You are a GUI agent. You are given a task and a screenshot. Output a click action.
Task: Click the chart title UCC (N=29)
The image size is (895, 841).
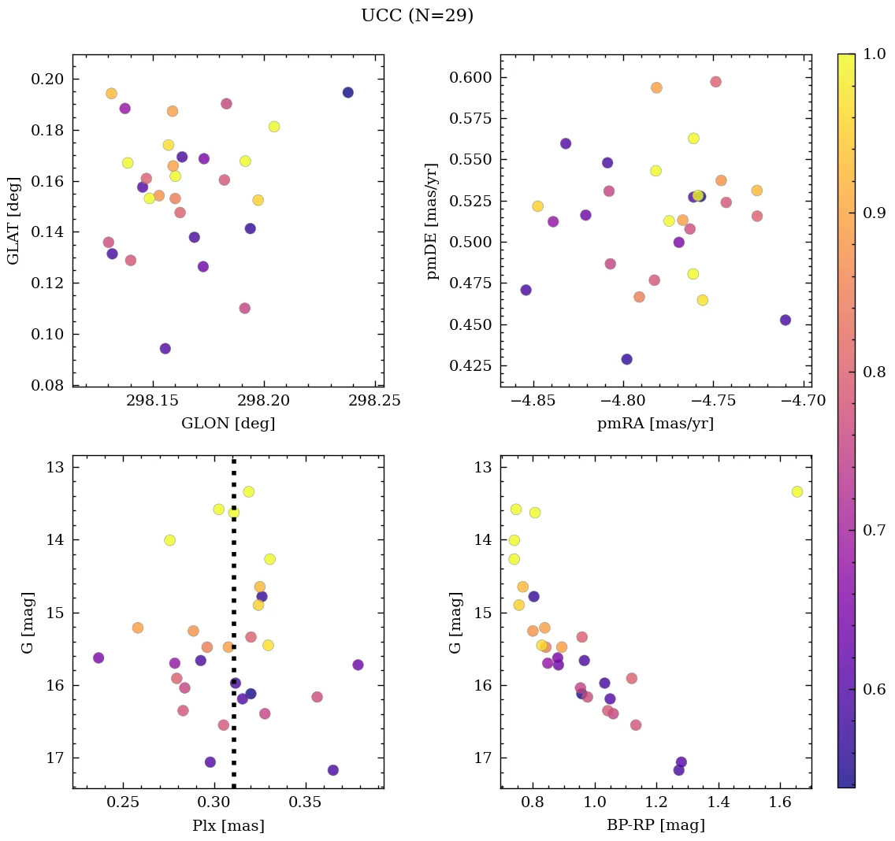coord(417,16)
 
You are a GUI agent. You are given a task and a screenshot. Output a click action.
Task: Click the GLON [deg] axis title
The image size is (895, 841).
coord(228,424)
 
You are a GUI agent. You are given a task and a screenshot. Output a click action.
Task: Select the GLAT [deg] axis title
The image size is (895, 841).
coord(13,220)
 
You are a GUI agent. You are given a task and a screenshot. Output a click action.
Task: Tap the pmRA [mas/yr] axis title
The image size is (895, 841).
coord(655,424)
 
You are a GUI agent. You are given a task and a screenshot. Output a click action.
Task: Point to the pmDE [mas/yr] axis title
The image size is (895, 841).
coord(433,220)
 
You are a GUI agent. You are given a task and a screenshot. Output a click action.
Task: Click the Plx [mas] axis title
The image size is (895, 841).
coord(228,825)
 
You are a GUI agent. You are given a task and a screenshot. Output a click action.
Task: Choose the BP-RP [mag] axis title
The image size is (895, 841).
coord(655,825)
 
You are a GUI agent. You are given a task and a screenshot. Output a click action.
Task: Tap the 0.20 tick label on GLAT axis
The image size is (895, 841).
coord(49,80)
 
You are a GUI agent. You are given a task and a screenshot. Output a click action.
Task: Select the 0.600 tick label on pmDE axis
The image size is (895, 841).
coord(470,78)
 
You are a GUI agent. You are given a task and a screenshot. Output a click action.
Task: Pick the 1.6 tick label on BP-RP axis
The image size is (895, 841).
coord(780,802)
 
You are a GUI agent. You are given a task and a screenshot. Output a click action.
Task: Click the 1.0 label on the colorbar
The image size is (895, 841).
coord(873,54)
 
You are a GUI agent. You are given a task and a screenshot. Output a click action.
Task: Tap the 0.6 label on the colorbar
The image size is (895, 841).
coord(873,689)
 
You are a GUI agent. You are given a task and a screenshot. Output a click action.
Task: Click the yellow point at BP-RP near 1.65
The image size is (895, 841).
coord(797,491)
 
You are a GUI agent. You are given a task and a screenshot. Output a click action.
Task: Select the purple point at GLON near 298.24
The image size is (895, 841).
coord(347,93)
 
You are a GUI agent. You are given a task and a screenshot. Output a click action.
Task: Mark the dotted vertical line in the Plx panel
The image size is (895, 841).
coord(234,630)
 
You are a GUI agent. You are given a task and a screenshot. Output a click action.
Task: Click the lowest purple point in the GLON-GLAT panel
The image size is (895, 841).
coord(165,349)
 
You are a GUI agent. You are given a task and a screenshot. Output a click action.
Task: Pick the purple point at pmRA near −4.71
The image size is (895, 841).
coord(785,320)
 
